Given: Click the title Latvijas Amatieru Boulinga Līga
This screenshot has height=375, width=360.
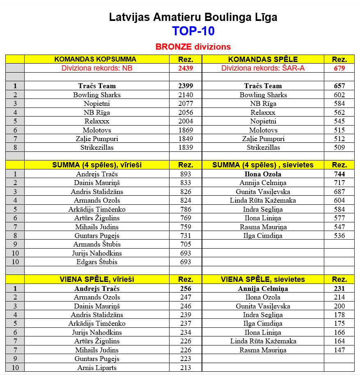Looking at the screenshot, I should [193, 17].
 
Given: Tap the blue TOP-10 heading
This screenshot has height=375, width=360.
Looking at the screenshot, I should [193, 32].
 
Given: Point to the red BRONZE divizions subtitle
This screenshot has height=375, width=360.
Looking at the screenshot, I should [193, 47].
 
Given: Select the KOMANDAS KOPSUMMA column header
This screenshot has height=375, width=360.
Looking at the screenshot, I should [95, 59].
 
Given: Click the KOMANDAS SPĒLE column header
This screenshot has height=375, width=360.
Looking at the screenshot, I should [263, 59].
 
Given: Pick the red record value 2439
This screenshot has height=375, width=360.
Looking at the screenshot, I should [186, 68].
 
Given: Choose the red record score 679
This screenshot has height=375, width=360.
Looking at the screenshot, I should [339, 68].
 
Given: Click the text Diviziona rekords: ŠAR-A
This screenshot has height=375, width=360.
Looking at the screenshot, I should [263, 68].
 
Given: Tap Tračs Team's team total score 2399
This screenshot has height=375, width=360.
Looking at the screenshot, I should [186, 86].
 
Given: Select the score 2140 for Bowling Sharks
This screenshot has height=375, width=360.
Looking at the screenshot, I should [186, 95].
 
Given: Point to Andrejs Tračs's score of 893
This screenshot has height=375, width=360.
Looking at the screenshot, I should [186, 174].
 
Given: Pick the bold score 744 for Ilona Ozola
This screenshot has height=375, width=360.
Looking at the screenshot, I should [339, 174].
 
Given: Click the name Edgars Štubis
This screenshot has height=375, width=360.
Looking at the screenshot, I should [97, 262].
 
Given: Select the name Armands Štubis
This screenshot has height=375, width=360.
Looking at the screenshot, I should [97, 245].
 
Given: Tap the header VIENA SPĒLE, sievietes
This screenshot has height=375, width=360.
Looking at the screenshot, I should [263, 279].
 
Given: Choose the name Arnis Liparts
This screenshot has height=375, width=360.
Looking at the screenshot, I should [97, 368].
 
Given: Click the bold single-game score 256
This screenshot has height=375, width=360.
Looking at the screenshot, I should [186, 288].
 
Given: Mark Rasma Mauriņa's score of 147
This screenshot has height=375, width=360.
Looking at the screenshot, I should [339, 350].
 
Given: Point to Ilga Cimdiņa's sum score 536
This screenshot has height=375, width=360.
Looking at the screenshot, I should [339, 236].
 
